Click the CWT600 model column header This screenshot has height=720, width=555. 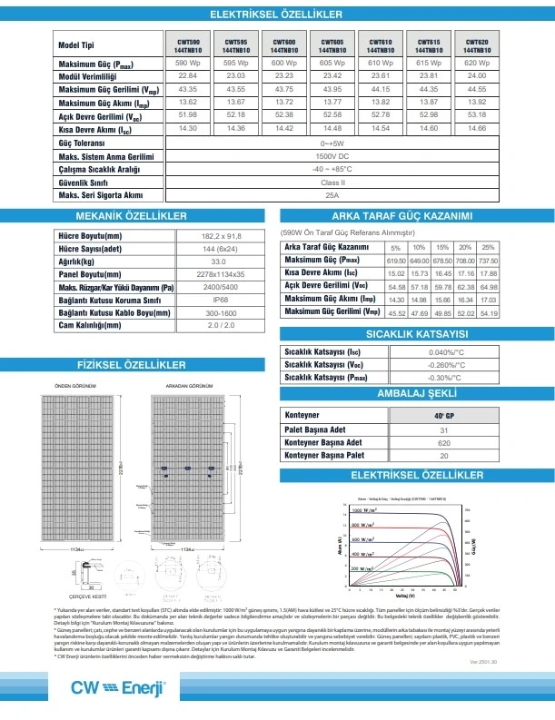(283, 45)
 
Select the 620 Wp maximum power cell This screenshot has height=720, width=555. (477, 63)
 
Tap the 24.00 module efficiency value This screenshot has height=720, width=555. (477, 76)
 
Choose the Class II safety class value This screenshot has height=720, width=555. (332, 182)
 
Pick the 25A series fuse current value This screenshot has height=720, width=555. (332, 195)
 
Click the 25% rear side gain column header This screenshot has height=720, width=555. (488, 247)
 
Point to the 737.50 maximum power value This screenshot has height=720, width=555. (488, 260)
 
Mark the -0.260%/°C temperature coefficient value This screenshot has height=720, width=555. (446, 364)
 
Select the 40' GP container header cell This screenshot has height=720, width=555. (444, 416)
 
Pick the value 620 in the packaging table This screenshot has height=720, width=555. (444, 441)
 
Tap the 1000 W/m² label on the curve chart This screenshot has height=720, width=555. (362, 513)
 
